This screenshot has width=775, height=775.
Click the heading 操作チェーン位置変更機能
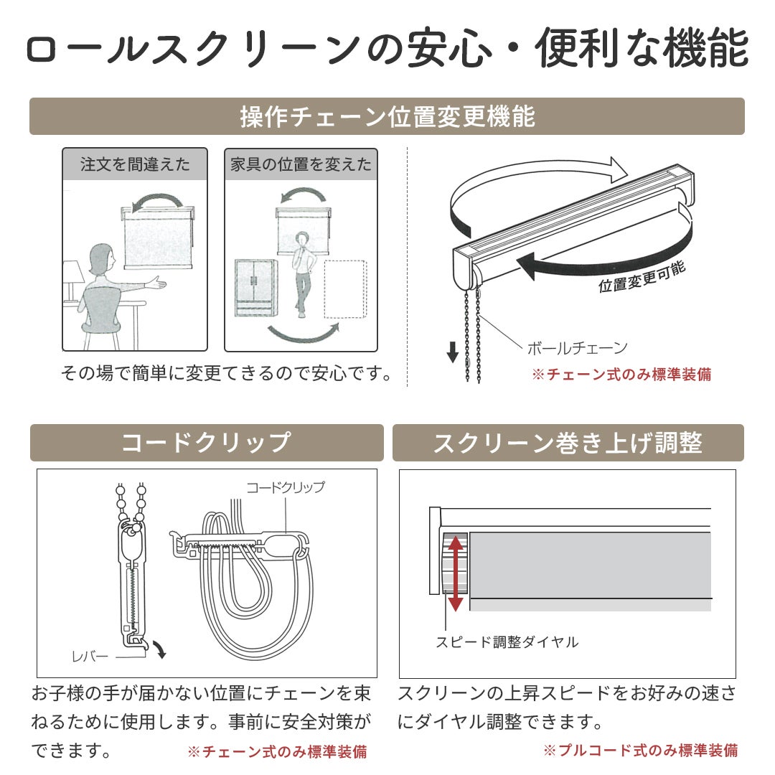[x=387, y=117]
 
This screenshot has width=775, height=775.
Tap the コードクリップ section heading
[x=206, y=442]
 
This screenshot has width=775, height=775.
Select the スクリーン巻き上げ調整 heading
[x=568, y=443]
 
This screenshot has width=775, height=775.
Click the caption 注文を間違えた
[x=135, y=164]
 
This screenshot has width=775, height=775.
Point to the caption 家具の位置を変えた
[x=301, y=164]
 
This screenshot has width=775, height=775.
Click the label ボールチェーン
[x=577, y=348]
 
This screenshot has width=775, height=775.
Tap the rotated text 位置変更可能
[x=642, y=277]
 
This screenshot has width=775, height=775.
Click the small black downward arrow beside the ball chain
[x=452, y=352]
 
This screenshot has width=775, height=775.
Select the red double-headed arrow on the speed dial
[x=455, y=573]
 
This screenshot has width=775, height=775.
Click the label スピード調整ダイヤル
[x=507, y=642]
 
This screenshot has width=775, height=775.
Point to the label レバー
[x=90, y=657]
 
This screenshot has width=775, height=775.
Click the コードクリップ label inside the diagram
[x=286, y=487]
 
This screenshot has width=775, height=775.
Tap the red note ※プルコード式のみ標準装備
[x=641, y=751]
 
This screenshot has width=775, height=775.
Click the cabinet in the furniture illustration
[x=255, y=287]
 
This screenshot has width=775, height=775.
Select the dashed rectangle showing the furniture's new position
[x=345, y=289]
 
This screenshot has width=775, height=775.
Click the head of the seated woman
[x=102, y=259]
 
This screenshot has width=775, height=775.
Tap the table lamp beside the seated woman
[x=72, y=282]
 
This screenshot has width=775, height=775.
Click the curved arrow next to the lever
[x=159, y=649]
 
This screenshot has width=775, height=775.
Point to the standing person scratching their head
[x=302, y=275]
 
